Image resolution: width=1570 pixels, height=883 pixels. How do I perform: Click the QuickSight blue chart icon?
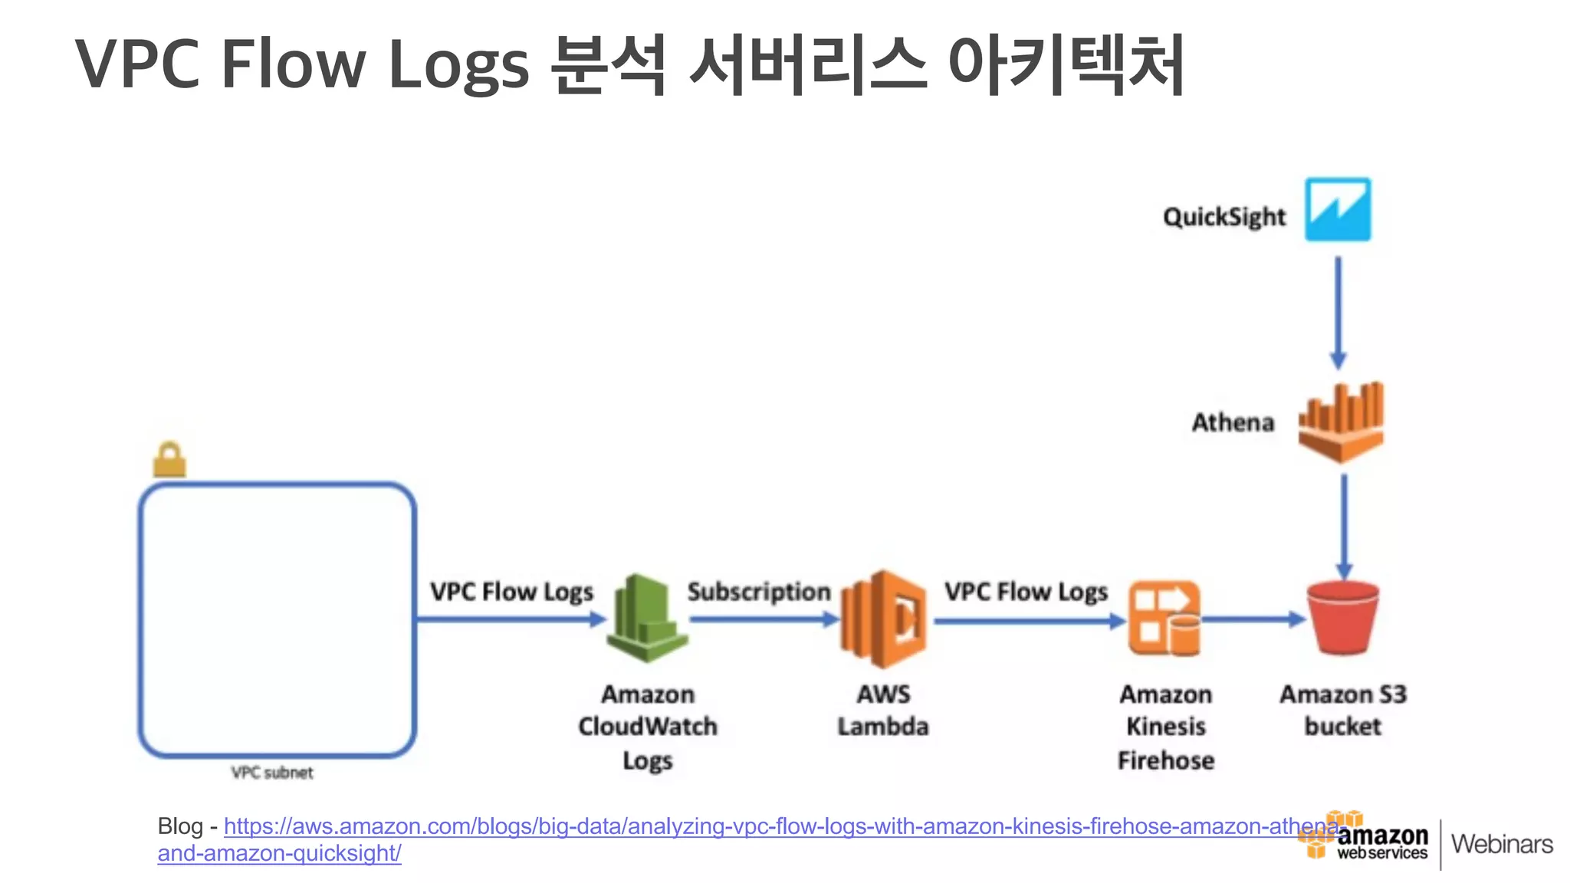1338,210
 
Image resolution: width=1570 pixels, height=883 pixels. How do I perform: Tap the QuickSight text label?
1223,218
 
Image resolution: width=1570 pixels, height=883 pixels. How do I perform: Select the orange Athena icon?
1341,423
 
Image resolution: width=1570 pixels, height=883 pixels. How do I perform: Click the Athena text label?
1233,422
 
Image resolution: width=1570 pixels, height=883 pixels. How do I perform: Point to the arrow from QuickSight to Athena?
1338,310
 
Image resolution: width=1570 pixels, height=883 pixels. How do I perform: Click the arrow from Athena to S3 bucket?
1344,525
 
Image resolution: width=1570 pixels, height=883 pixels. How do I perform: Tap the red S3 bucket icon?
1343,618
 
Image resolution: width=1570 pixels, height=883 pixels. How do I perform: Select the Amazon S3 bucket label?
1343,710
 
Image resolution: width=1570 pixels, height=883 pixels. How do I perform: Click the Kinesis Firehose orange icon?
1164,619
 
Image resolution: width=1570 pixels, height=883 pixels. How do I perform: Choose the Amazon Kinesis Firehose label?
1166,727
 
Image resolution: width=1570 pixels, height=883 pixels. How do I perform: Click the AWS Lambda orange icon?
884,619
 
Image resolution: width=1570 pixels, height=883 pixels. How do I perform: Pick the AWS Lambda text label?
883,710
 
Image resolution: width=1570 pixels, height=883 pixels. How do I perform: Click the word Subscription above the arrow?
759,592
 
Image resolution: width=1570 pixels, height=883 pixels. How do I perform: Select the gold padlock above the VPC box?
169,460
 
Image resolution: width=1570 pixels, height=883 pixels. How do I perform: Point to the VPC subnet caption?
272,773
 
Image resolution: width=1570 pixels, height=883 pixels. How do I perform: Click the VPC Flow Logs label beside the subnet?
511,592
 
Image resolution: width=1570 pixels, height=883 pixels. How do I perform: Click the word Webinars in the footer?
1502,844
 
